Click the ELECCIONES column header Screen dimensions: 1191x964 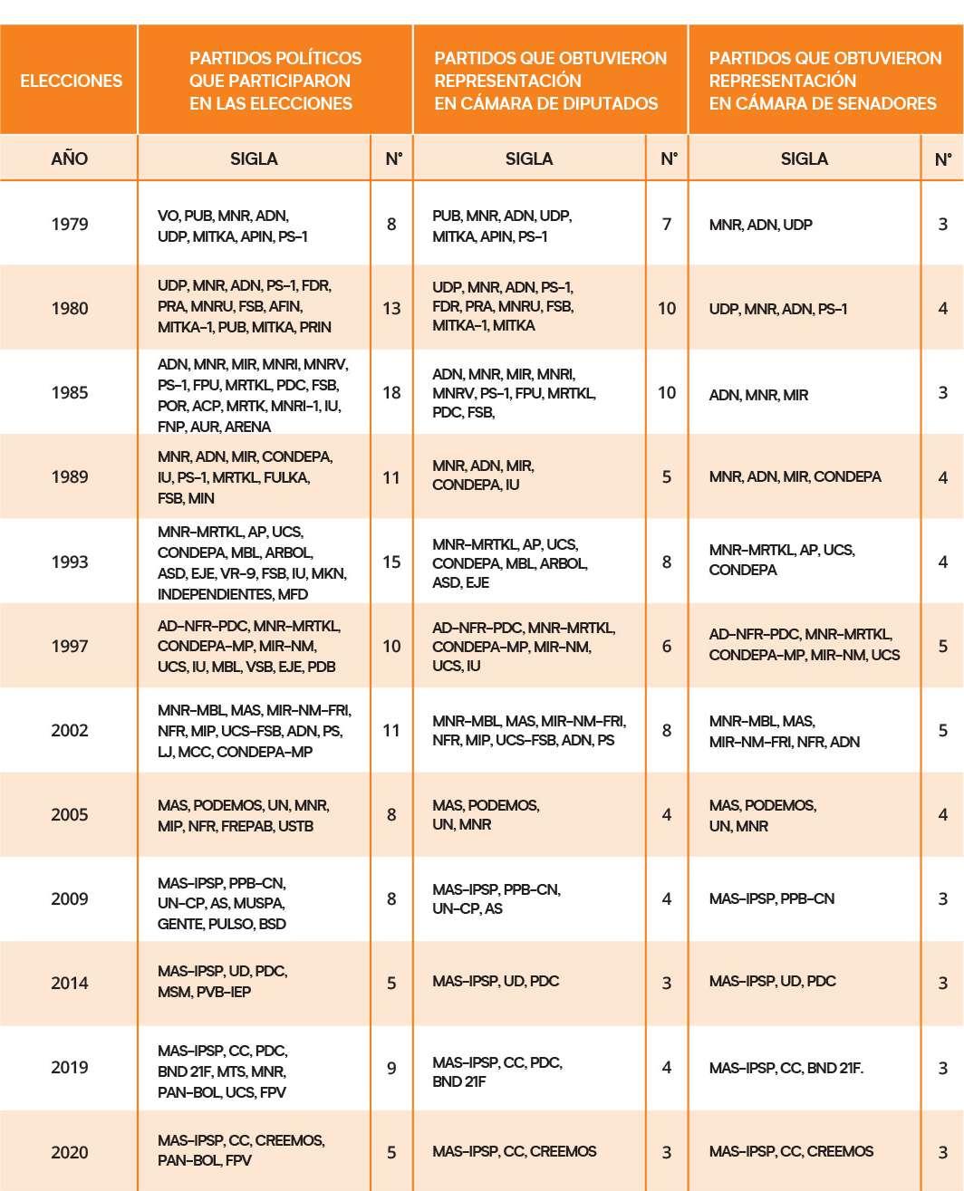point(71,81)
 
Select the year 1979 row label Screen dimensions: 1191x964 point(70,224)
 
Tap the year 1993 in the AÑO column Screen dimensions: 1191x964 point(70,562)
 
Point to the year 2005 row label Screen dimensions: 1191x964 point(70,814)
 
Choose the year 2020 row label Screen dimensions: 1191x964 point(70,1152)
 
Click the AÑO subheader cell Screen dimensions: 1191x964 point(70,158)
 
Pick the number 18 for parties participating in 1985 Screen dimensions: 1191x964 point(391,392)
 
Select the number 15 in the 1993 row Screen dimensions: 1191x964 point(391,562)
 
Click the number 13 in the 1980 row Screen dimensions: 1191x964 point(391,308)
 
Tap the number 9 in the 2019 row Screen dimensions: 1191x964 point(391,1068)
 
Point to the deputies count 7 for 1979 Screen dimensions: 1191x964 point(667,224)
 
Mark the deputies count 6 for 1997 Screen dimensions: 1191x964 point(667,646)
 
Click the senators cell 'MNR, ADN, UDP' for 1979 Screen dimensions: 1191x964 point(760,225)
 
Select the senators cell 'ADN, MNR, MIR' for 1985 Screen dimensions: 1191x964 point(758,395)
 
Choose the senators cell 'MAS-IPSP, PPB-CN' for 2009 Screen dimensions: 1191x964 point(771,898)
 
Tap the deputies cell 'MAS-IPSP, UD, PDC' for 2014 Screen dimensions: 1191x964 point(496,981)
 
